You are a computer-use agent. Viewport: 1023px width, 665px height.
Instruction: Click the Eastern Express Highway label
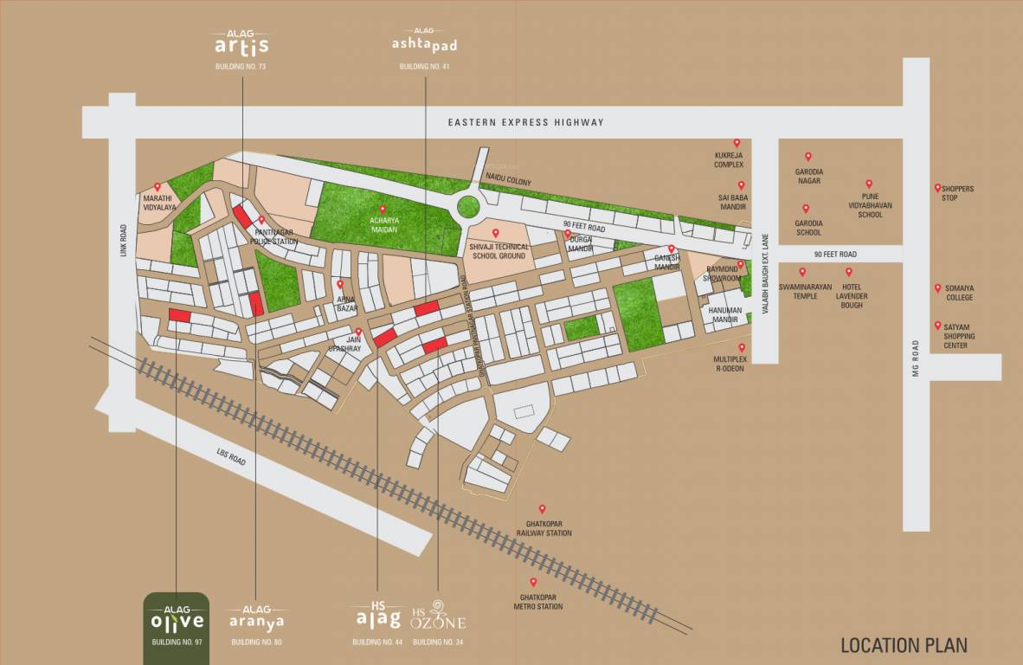[x=525, y=122]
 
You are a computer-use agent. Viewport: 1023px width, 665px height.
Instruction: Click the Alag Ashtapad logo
[x=424, y=43]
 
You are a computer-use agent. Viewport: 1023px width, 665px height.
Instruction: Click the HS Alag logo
[x=378, y=616]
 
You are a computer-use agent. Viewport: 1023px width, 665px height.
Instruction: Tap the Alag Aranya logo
[x=256, y=618]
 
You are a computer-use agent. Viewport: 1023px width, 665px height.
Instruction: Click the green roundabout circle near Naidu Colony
[x=468, y=207]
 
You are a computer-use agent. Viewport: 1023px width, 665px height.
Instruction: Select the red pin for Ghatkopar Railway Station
[x=543, y=509]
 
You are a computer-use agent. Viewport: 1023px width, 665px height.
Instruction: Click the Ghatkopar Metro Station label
[x=542, y=602]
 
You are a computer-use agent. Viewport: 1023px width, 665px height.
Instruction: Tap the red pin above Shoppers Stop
[x=937, y=187]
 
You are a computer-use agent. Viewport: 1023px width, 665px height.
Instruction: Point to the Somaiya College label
[x=959, y=293]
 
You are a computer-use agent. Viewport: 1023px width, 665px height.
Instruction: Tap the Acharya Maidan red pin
[x=383, y=209]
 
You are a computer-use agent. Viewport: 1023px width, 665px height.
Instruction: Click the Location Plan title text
[x=904, y=645]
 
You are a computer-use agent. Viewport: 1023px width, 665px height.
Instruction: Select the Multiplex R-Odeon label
[x=730, y=364]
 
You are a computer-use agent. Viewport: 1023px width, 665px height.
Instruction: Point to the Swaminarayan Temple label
[x=805, y=290]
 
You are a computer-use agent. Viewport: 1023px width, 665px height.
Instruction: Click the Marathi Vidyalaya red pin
[x=158, y=186]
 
